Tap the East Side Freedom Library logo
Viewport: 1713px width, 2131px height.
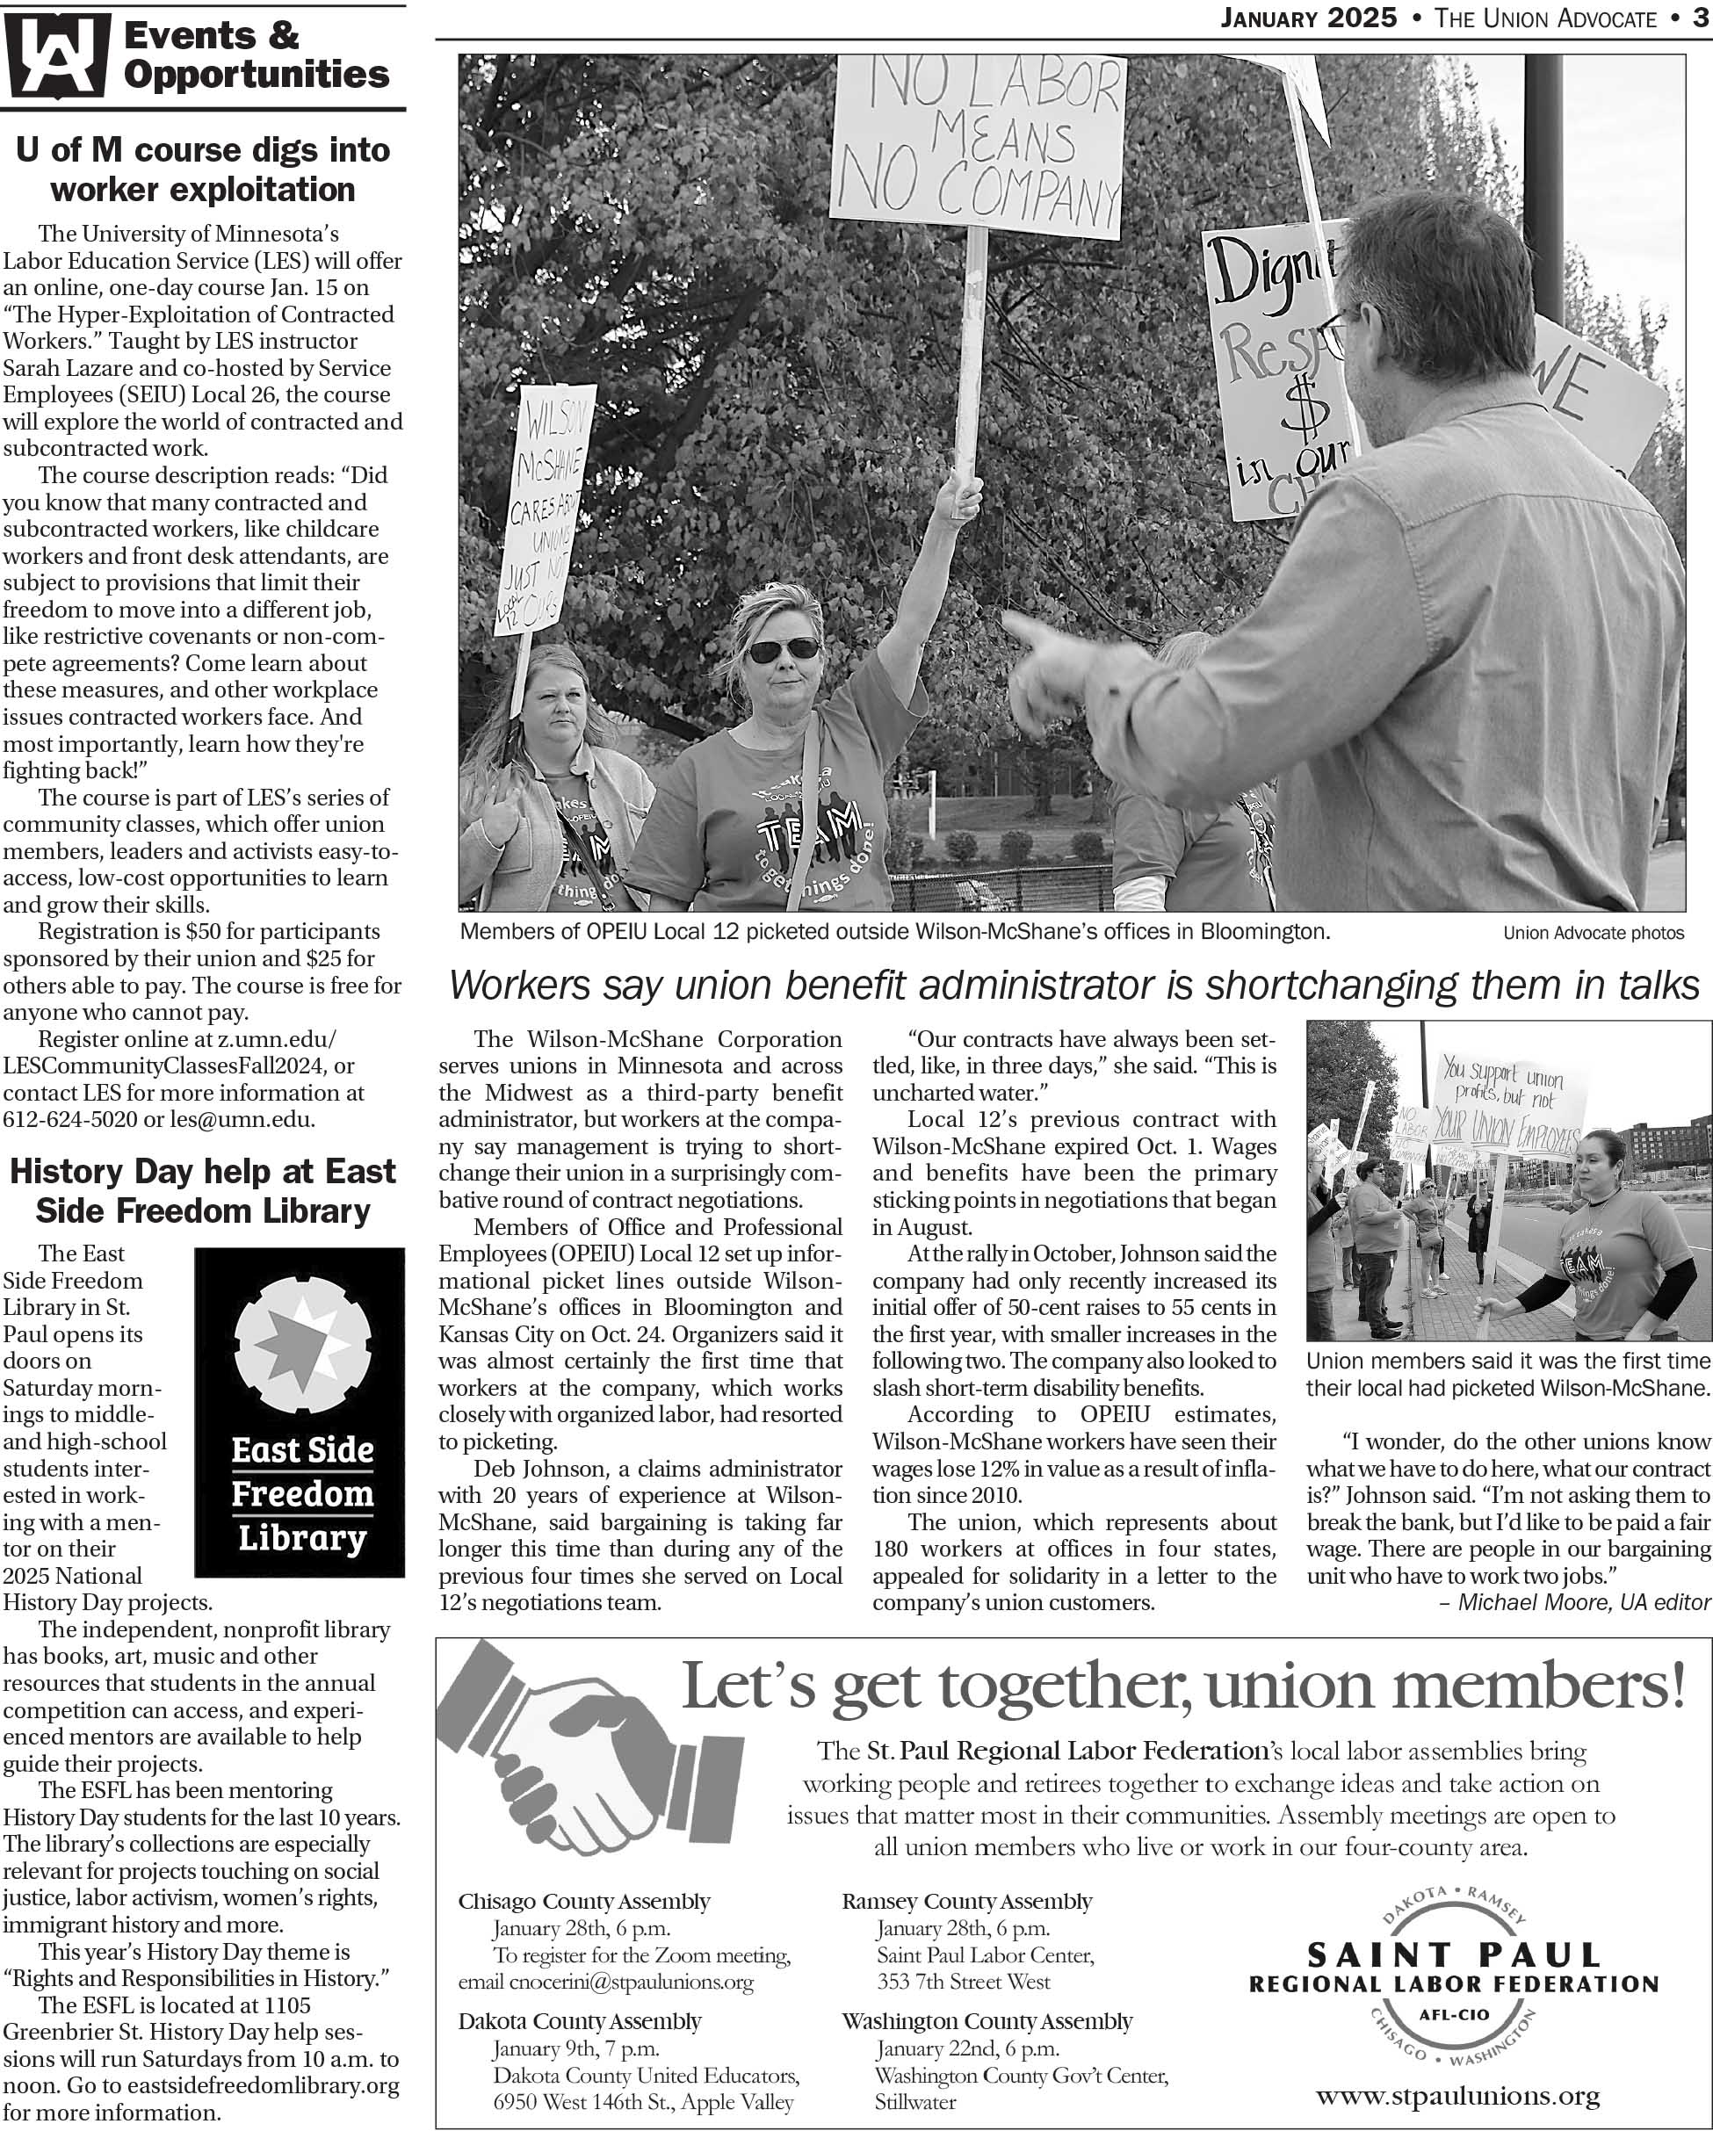pos(300,1412)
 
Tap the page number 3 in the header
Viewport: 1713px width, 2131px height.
pos(1701,18)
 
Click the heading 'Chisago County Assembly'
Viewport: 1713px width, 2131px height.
pos(584,1901)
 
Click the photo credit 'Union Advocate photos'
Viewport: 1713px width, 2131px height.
pos(1594,933)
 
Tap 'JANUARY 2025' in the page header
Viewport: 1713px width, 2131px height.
pos(1309,18)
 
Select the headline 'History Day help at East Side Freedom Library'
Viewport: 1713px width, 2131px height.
pos(203,1191)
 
